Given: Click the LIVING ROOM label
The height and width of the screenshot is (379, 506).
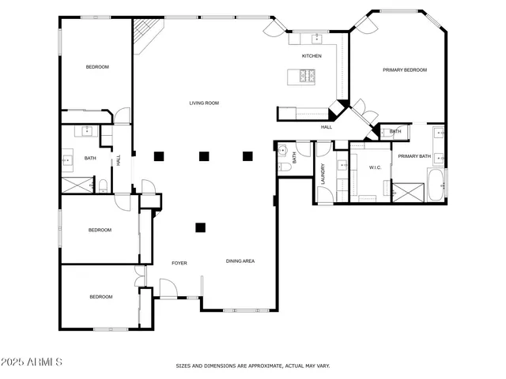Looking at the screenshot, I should [x=203, y=103].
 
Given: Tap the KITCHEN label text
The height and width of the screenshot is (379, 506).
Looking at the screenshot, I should [x=312, y=56].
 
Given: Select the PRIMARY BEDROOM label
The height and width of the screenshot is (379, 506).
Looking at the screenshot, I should [x=405, y=70].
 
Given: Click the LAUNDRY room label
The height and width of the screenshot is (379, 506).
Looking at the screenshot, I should [x=324, y=173].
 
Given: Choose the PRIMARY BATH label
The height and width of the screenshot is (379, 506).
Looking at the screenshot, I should [x=413, y=156].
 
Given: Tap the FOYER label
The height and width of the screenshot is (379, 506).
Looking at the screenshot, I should [x=179, y=263].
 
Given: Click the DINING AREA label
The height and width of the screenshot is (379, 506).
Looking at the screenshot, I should [x=240, y=261].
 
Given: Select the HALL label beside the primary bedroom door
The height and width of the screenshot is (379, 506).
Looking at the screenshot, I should [x=326, y=127].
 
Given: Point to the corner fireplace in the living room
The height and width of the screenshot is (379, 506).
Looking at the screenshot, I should [x=145, y=36].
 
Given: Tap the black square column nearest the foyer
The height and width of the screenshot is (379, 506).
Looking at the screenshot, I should [x=200, y=228].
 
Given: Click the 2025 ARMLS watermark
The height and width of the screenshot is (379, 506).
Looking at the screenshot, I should [x=32, y=362].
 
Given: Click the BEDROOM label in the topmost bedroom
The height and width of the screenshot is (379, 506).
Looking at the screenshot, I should [x=97, y=67].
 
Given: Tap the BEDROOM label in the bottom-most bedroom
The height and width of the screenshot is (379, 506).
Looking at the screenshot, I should [x=100, y=297].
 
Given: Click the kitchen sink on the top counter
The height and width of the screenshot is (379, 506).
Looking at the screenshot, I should [x=316, y=38].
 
